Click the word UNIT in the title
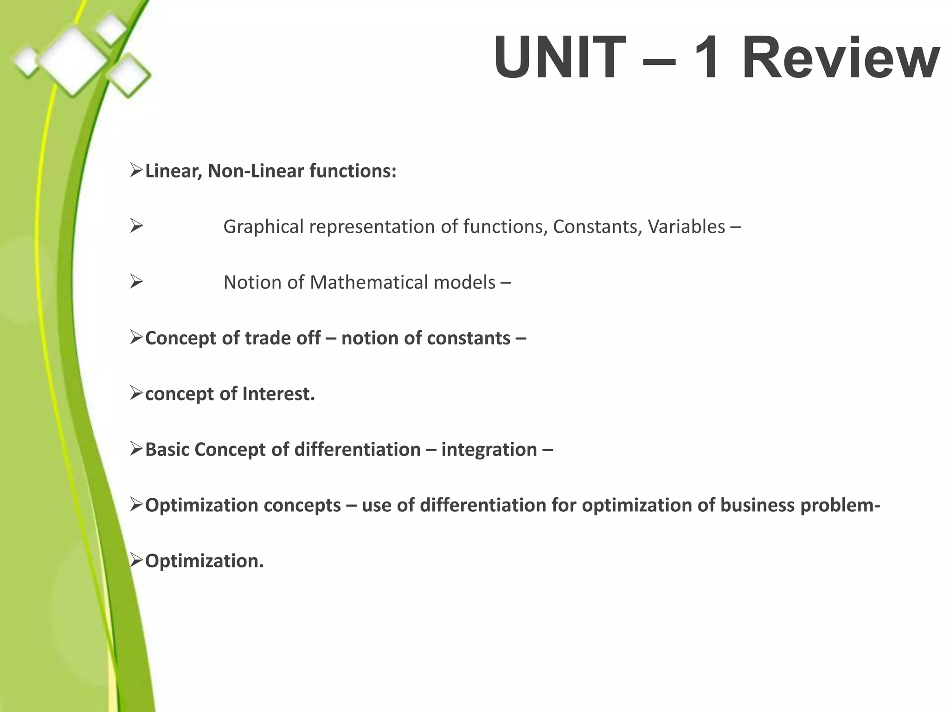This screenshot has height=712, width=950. tap(559, 58)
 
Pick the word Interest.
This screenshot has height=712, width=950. tap(278, 394)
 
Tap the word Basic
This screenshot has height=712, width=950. tap(167, 449)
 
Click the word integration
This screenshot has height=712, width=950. tap(489, 449)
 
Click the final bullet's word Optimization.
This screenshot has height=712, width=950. tap(204, 561)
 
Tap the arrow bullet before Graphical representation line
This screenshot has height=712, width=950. tap(136, 227)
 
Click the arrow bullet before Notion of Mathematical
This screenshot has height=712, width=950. tap(136, 282)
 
